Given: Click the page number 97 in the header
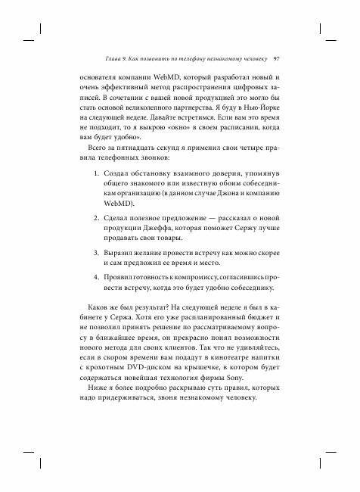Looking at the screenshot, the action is [x=277, y=58].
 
